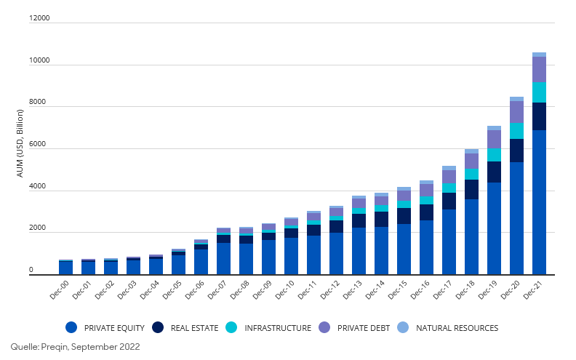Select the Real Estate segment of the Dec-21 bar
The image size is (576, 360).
pos(539,116)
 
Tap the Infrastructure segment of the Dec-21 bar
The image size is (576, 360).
pos(539,92)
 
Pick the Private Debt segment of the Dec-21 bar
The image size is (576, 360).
pos(539,69)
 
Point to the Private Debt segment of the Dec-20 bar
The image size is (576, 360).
pos(516,112)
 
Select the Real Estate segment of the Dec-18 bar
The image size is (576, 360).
pos(471,189)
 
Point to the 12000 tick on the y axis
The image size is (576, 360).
pos(39,18)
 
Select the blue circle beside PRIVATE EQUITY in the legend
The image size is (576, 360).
pos(71,328)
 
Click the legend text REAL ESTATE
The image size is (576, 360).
pos(194,328)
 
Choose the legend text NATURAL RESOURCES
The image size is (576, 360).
pos(457,328)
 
